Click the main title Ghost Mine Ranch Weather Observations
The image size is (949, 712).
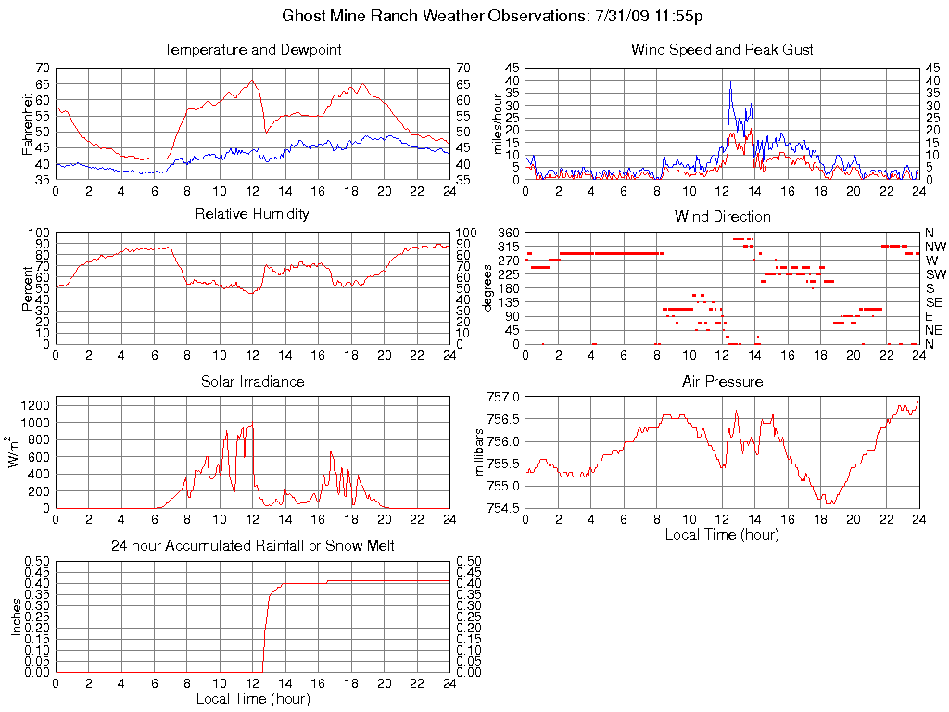(492, 17)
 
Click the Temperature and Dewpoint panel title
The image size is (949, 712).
(252, 49)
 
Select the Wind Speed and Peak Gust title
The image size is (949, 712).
(722, 49)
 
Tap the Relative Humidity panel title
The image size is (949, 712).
(252, 214)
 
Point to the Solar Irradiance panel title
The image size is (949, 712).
(252, 381)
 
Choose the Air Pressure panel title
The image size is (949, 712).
(722, 381)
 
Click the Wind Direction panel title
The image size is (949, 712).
(722, 216)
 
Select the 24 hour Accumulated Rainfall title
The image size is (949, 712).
(252, 546)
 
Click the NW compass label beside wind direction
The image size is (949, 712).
(935, 248)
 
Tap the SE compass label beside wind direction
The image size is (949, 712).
(934, 302)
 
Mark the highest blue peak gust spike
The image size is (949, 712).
(730, 81)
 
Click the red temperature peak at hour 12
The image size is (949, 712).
(252, 80)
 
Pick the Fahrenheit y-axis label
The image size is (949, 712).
(27, 124)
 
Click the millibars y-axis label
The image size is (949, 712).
(480, 452)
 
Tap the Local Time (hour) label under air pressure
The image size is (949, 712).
(722, 534)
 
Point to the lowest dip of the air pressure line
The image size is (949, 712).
(824, 503)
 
